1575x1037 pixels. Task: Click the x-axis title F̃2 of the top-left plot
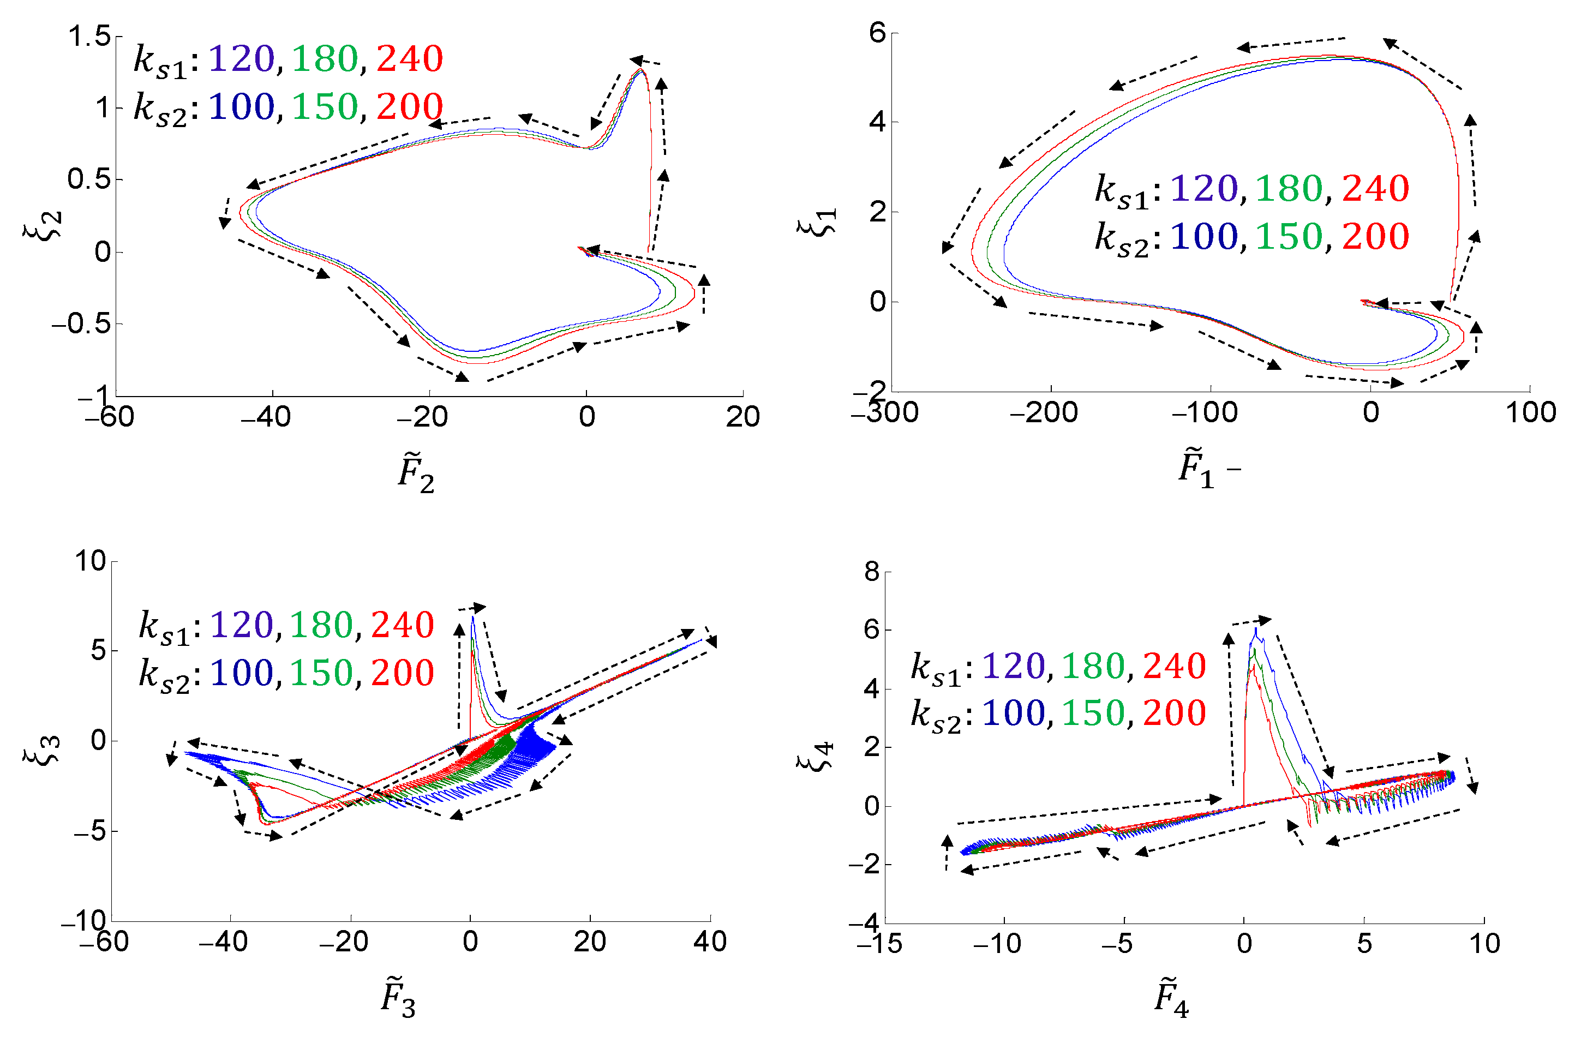point(416,472)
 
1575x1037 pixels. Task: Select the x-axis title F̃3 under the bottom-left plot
point(398,997)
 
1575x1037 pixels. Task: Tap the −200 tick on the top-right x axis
point(1044,413)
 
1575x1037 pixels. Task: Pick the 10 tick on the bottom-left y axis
point(90,561)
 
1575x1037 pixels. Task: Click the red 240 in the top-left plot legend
point(410,59)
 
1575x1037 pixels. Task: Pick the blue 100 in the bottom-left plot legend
point(242,673)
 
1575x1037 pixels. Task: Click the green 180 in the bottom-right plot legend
point(1093,666)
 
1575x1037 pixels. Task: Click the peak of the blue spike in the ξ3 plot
point(472,617)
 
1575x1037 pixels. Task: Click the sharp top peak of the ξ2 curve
point(640,69)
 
